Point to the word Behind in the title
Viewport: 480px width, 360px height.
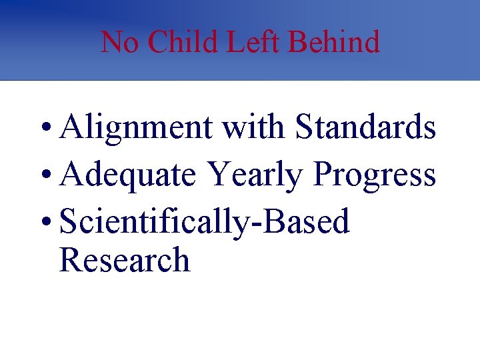(333, 42)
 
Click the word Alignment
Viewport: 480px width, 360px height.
(136, 128)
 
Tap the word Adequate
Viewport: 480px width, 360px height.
(127, 175)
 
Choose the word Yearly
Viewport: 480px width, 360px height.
(255, 175)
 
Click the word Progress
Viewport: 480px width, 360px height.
(375, 175)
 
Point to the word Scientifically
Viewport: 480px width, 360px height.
(155, 222)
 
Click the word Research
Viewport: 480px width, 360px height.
(125, 260)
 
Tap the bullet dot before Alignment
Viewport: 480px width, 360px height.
(44, 129)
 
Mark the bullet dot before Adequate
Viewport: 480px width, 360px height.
(44, 176)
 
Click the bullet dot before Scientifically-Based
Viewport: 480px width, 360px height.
(44, 223)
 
